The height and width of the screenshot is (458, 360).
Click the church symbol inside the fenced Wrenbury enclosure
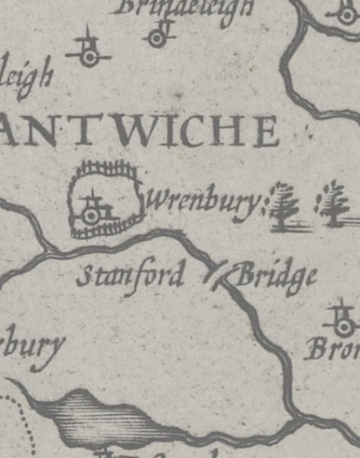(92, 212)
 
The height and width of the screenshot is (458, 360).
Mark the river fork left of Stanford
(47, 248)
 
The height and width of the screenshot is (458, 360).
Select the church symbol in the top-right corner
(342, 11)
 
